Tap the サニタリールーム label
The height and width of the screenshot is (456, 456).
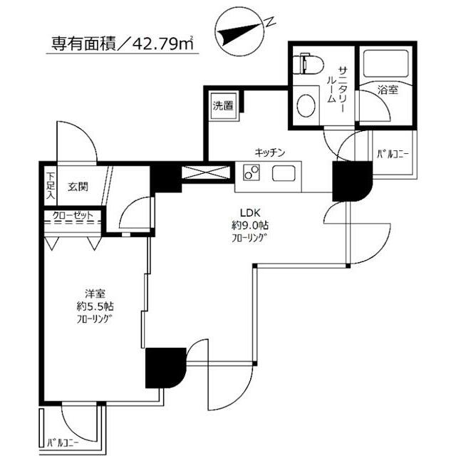(336, 84)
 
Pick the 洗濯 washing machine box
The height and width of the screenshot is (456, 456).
(222, 107)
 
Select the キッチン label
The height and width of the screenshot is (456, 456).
(270, 152)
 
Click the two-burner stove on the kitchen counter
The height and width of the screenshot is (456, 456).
(252, 173)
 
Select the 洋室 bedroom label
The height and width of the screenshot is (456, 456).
(95, 294)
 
